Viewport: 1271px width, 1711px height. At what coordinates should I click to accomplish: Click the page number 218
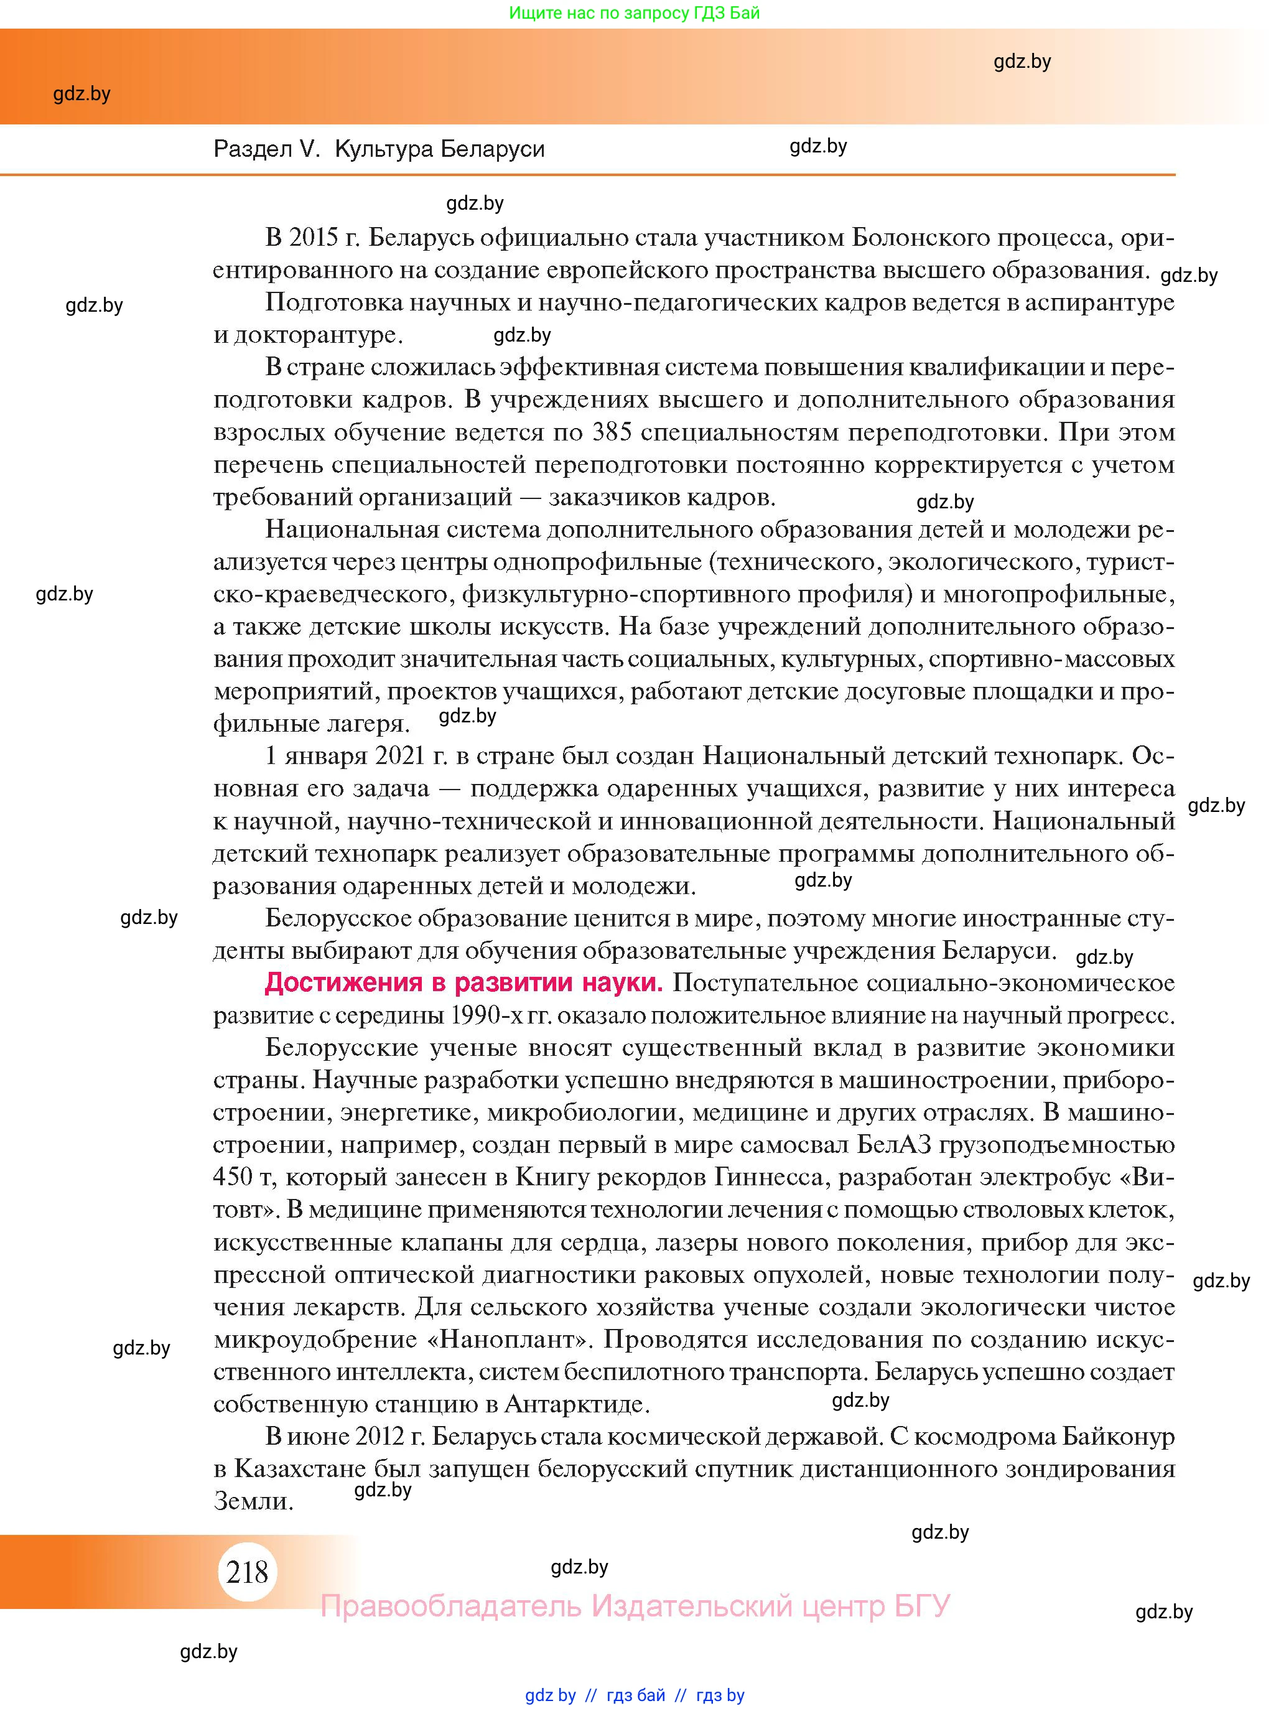point(247,1571)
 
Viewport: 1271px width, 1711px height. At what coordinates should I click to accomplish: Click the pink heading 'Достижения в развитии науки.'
point(463,982)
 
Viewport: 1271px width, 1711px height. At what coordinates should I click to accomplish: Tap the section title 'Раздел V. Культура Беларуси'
point(378,149)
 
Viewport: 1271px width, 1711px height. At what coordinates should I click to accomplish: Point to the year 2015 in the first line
point(313,238)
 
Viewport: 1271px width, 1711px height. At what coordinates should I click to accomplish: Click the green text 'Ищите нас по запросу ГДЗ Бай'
point(634,13)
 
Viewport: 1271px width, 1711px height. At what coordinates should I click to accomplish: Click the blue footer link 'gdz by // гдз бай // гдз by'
point(635,1695)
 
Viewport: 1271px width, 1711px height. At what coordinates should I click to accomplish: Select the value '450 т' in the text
point(244,1177)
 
